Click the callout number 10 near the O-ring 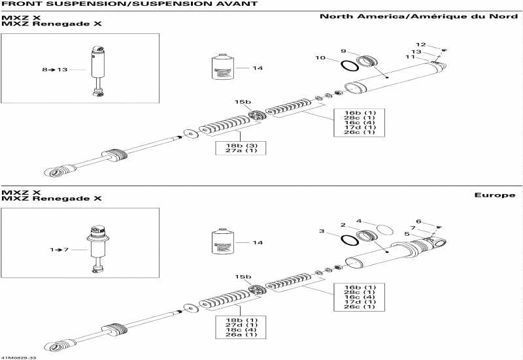[x=320, y=58]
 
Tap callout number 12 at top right [x=421, y=44]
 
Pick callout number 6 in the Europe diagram [x=419, y=221]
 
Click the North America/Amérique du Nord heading [x=418, y=16]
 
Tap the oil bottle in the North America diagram [x=224, y=67]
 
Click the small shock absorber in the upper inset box [x=99, y=71]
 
